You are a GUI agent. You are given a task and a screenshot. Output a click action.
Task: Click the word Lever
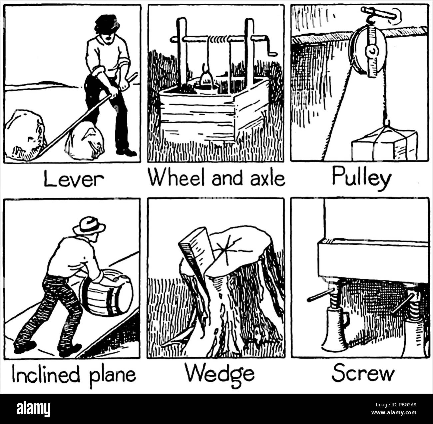coord(74,179)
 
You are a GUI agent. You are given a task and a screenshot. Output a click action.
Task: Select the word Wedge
coord(220,373)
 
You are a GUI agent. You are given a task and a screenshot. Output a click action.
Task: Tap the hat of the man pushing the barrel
coord(89,225)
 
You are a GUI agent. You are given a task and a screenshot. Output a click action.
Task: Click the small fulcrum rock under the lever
coord(85,142)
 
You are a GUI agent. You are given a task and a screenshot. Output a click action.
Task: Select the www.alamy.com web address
coord(394,413)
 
